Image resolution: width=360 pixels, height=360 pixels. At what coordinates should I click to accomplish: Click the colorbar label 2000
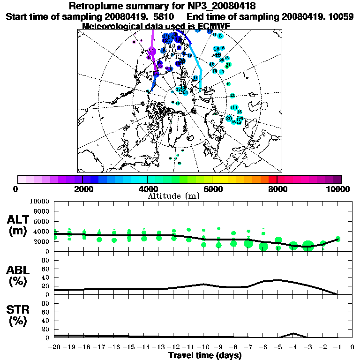[82, 189]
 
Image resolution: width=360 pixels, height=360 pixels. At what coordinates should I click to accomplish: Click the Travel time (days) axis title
[205, 355]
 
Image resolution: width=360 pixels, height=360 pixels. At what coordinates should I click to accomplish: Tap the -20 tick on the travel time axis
[55, 347]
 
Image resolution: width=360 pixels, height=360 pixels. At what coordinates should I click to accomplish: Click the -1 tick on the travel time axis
[337, 347]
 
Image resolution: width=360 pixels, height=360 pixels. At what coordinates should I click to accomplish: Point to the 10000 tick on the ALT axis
[39, 201]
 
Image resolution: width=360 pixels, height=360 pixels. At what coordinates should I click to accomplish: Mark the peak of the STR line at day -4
[293, 333]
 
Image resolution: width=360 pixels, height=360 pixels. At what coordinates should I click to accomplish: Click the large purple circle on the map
[151, 51]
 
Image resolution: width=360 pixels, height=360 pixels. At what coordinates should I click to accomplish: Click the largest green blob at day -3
[308, 246]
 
